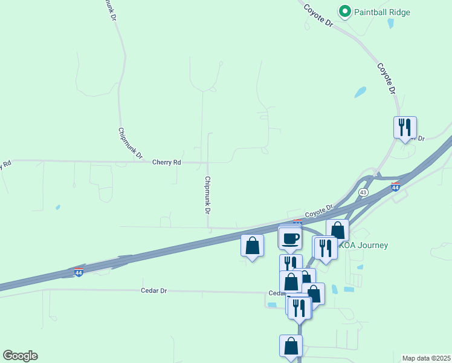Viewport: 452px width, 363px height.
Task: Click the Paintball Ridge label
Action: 382,12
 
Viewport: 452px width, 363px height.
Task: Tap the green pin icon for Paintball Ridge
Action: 345,11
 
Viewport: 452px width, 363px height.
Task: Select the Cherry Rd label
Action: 167,162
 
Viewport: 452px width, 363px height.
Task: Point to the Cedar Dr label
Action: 154,290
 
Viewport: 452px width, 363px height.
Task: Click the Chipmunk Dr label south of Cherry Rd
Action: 207,195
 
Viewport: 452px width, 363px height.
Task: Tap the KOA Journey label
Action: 363,245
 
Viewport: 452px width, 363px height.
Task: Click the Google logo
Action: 21,356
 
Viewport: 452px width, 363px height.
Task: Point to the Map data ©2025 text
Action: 426,358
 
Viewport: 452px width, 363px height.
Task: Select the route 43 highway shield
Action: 363,192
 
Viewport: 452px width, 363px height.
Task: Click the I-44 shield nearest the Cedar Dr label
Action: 79,273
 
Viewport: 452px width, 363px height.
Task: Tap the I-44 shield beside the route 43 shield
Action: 395,187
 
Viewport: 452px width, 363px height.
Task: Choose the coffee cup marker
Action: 291,237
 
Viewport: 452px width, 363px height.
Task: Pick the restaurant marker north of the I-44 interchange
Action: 405,127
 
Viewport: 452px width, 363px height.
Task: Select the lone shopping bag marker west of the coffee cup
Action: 252,246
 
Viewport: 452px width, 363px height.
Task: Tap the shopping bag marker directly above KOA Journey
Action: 337,230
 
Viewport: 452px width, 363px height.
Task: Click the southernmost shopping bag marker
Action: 291,345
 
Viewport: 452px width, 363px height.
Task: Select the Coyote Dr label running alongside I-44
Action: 319,211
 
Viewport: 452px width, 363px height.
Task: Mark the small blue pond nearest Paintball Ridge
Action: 390,24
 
